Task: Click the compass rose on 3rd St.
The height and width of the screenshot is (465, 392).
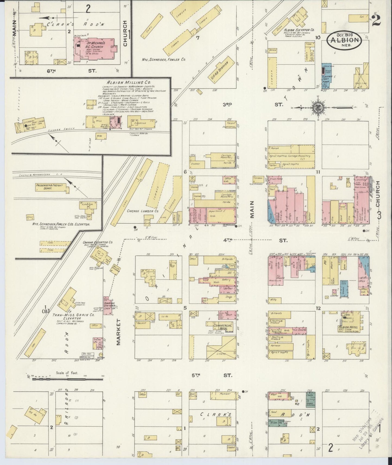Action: pyautogui.click(x=317, y=107)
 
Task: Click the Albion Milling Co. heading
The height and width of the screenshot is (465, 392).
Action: pyautogui.click(x=125, y=82)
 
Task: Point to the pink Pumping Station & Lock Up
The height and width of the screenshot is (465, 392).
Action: pyautogui.click(x=108, y=305)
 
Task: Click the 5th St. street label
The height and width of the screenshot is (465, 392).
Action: pyautogui.click(x=212, y=375)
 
